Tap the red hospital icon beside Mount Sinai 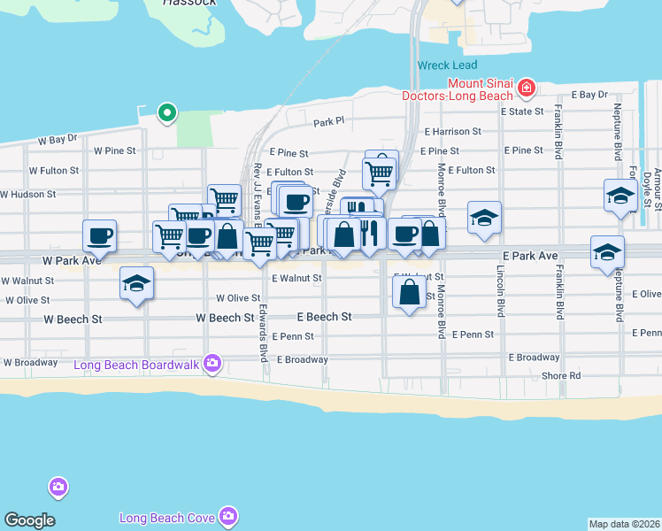click(x=527, y=87)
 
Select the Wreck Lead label click(x=447, y=65)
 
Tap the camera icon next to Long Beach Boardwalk click(x=212, y=362)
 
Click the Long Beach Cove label click(x=168, y=516)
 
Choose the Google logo click(x=29, y=520)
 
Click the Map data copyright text click(x=624, y=524)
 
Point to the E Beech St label click(x=324, y=316)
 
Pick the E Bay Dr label click(x=589, y=94)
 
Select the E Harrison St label click(x=452, y=131)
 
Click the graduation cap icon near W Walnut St click(x=136, y=284)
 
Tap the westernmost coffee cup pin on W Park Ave click(x=99, y=235)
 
